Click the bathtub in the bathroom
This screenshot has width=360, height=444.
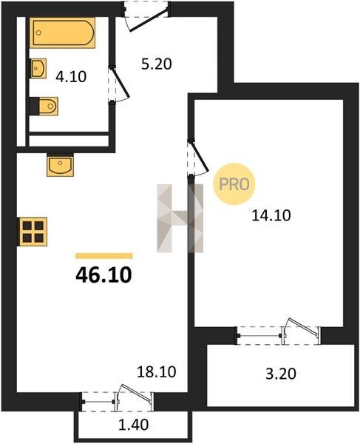[62, 33]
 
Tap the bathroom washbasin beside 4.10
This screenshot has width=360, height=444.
[38, 68]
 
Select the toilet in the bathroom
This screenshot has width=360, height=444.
[44, 106]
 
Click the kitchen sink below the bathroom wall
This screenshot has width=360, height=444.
[60, 165]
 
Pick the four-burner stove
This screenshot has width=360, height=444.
[33, 232]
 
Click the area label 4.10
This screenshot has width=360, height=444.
[71, 76]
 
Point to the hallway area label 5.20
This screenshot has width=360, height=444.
[157, 64]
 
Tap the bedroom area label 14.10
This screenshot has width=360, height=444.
[271, 215]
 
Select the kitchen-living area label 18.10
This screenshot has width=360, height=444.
[157, 371]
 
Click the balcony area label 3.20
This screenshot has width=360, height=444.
[281, 374]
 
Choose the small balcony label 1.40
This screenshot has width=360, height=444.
[133, 425]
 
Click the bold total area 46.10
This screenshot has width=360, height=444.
[103, 275]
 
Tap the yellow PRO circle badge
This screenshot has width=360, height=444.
[234, 184]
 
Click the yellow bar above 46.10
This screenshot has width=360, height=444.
[104, 256]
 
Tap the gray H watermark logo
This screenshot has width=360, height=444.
[180, 218]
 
